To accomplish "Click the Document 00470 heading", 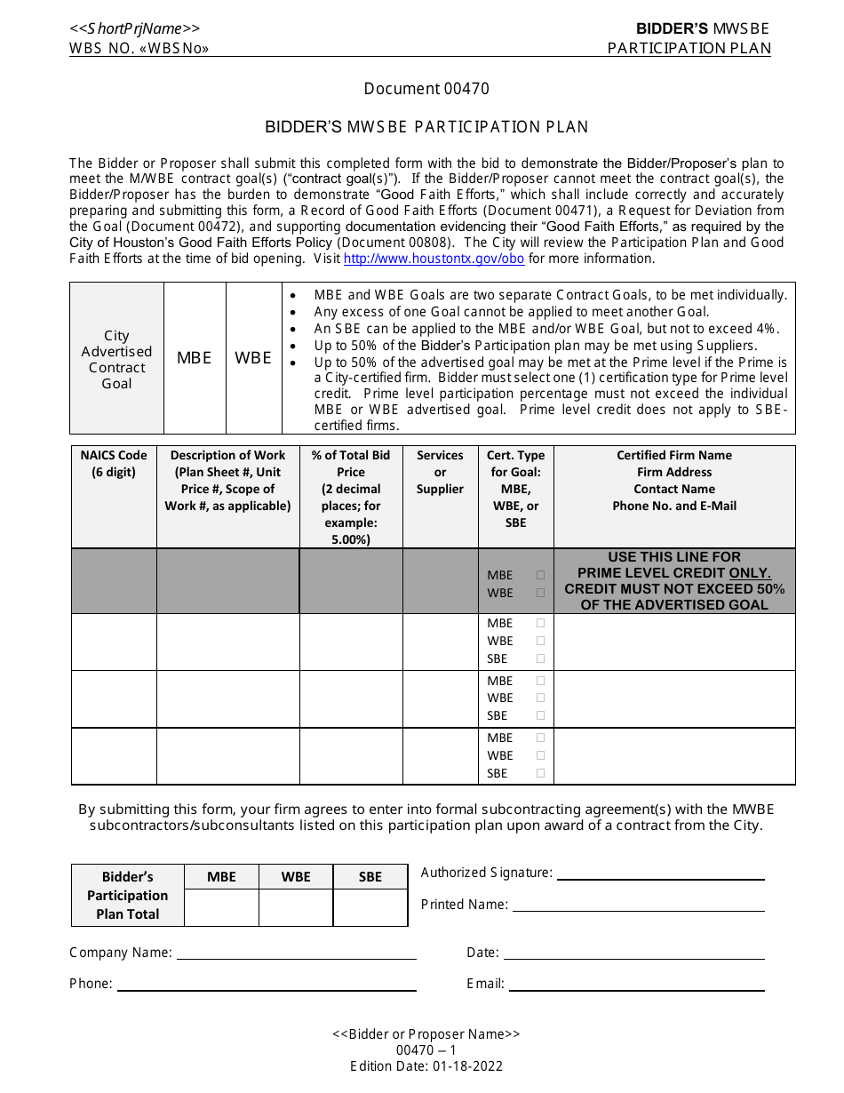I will click(x=426, y=89).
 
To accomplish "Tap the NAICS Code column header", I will click(x=114, y=464).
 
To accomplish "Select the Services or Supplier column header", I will click(x=440, y=472).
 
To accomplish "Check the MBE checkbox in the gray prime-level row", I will click(x=540, y=575).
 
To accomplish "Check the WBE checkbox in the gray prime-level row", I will click(x=540, y=593).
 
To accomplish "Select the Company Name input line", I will click(x=296, y=953).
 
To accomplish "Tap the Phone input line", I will click(x=267, y=984).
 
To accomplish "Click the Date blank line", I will click(x=633, y=953).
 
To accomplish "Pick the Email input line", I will click(x=636, y=984).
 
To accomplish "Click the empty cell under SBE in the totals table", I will click(x=370, y=907).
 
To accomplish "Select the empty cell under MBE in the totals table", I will click(x=221, y=907).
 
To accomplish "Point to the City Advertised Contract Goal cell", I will click(x=116, y=359).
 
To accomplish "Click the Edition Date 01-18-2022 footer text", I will click(x=426, y=1066).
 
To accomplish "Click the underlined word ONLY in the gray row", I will click(x=750, y=573).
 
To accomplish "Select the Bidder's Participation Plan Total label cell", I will click(x=127, y=895).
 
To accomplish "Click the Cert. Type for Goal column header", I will click(x=515, y=489).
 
